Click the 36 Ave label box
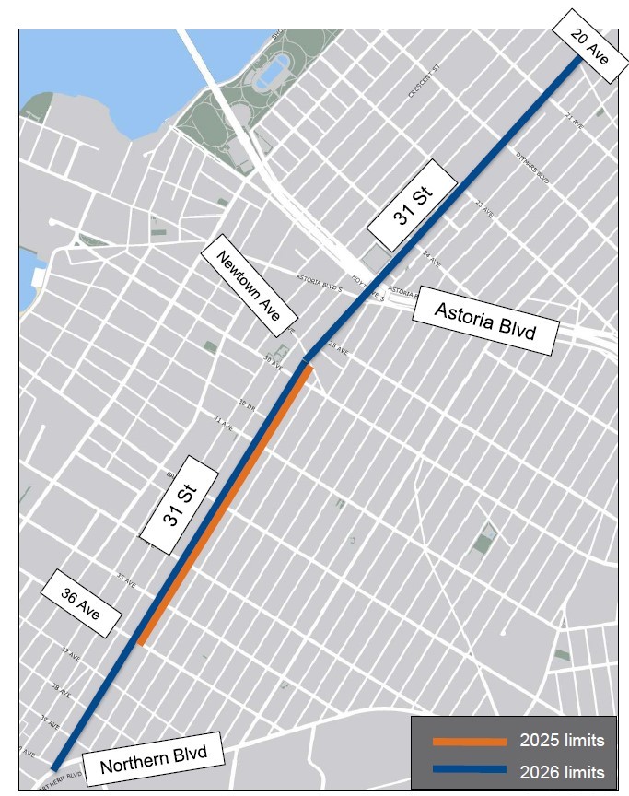point(79,604)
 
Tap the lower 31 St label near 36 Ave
point(180,504)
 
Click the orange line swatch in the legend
point(470,741)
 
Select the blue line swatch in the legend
point(470,769)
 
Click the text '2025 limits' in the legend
point(562,741)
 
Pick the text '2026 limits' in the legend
point(562,770)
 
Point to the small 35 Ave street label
point(126,581)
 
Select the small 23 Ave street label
point(483,206)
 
